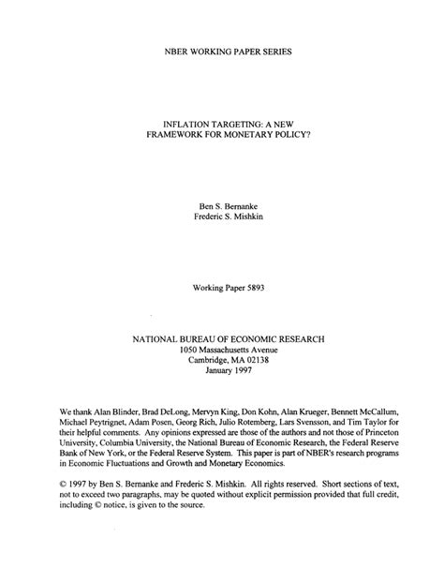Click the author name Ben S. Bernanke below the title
pyautogui.click(x=222, y=202)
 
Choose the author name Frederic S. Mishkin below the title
pyautogui.click(x=222, y=216)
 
